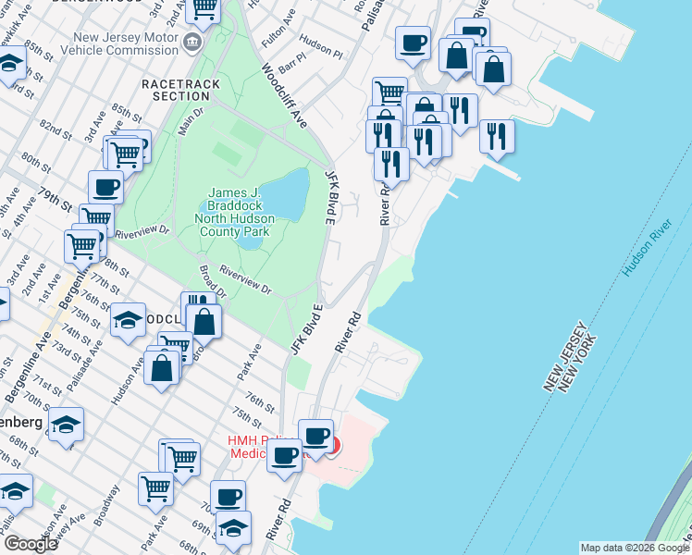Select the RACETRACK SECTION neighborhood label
point(176,90)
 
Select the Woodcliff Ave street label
point(283,95)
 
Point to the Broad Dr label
point(212,281)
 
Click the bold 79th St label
point(56,200)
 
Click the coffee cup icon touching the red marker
point(315,435)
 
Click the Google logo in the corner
point(30,544)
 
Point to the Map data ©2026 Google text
point(634,548)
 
